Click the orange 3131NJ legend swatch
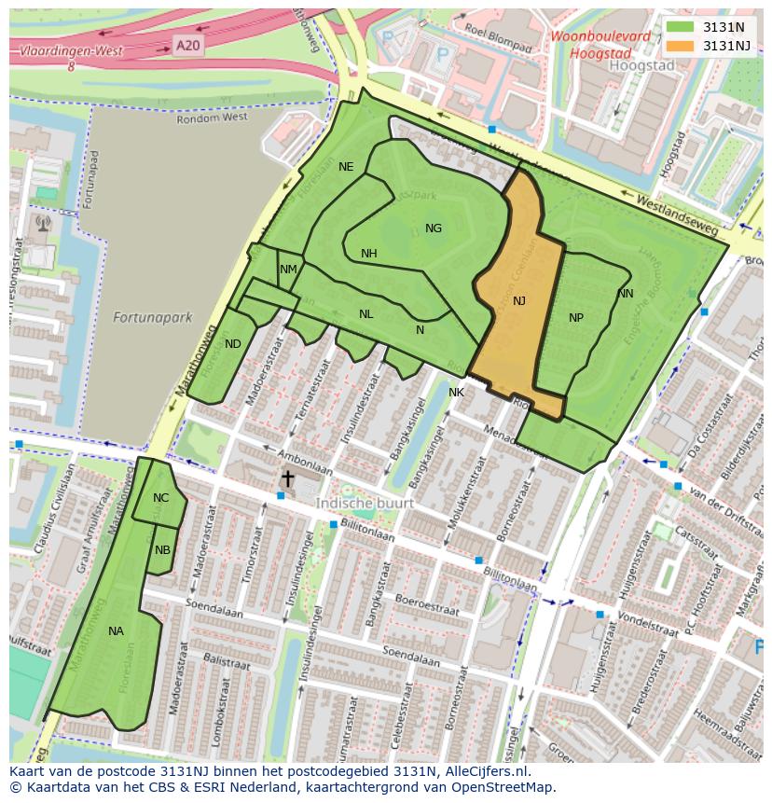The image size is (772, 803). tap(681, 46)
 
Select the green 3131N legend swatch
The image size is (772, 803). tap(681, 27)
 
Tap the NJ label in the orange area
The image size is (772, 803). tap(519, 300)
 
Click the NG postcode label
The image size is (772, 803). tap(434, 228)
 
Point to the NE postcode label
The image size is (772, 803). tap(346, 167)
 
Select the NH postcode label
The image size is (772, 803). tap(369, 254)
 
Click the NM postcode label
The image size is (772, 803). tap(288, 270)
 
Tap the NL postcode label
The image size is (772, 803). tap(366, 314)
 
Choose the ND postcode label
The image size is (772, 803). tap(233, 344)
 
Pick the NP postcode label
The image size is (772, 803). tap(576, 318)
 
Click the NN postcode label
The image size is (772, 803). tap(626, 294)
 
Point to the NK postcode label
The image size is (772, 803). tap(456, 393)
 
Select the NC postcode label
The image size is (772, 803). tap(161, 498)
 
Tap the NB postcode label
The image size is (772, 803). tap(163, 550)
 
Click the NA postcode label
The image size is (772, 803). tap(116, 631)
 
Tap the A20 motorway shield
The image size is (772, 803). tap(187, 44)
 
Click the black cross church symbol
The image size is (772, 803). tap(288, 478)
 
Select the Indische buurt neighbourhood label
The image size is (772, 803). tap(359, 503)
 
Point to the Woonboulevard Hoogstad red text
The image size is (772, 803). tap(600, 45)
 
